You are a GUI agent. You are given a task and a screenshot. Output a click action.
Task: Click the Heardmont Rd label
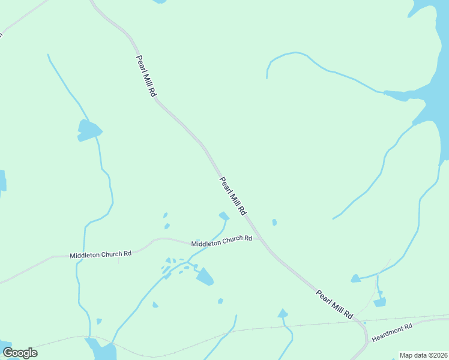point(393,332)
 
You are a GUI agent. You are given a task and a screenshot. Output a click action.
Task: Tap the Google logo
point(20,352)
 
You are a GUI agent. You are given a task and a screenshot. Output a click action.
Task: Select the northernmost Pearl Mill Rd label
point(146,76)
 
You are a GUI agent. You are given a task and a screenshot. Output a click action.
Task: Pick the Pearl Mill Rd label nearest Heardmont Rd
point(334,304)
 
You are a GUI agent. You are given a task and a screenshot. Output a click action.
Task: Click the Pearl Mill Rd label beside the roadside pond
point(233,196)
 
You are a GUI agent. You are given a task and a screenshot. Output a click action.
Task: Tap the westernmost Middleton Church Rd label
point(100,254)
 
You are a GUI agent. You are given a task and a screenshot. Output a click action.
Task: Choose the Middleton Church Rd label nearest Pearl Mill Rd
point(221,241)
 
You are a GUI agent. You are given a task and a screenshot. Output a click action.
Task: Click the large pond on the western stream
point(89,130)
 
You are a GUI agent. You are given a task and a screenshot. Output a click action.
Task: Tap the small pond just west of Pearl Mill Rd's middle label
point(224,215)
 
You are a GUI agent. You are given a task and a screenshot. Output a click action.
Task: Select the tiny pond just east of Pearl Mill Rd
point(274,223)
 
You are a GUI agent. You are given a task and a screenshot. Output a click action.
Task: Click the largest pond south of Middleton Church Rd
point(205,277)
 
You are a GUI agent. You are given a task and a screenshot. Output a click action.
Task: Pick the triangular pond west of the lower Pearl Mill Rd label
point(283,313)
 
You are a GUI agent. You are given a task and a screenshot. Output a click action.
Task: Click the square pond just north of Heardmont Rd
point(379,302)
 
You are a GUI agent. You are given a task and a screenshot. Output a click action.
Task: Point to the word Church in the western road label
point(110,254)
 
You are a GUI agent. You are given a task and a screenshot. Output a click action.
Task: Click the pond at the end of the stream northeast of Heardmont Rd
point(356,278)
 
